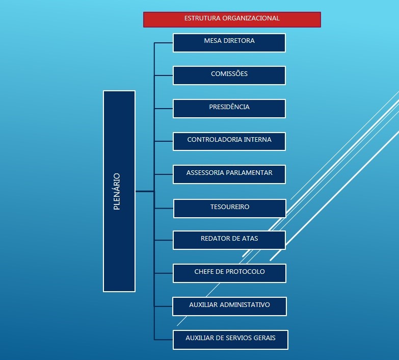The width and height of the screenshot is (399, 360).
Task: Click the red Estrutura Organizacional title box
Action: pyautogui.click(x=232, y=19)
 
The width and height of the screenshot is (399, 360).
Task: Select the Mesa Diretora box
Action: pyautogui.click(x=229, y=43)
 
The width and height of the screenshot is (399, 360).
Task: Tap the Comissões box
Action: pyautogui.click(x=229, y=75)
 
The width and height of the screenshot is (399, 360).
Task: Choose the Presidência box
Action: pyautogui.click(x=229, y=109)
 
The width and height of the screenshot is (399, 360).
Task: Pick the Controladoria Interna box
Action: pyautogui.click(x=229, y=141)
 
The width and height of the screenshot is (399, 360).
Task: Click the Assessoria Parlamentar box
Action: pyautogui.click(x=229, y=174)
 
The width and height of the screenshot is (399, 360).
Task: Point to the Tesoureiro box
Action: pyautogui.click(x=230, y=209)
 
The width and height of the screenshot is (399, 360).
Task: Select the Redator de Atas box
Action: pyautogui.click(x=229, y=240)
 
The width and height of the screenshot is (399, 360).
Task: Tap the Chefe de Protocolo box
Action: pyautogui.click(x=230, y=273)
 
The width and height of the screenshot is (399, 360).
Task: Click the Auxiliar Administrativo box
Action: pyautogui.click(x=230, y=306)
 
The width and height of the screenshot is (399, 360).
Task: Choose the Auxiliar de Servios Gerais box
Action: pyautogui.click(x=230, y=340)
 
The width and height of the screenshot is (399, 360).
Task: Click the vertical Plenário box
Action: pyautogui.click(x=119, y=191)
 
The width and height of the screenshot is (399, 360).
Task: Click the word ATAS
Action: pyautogui.click(x=250, y=239)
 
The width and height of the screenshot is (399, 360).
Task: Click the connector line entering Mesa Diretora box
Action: pyautogui.click(x=164, y=43)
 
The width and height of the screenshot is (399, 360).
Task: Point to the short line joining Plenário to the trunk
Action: pyautogui.click(x=145, y=191)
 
